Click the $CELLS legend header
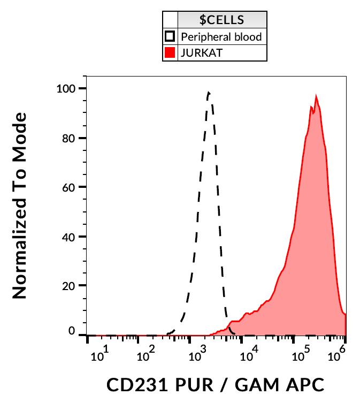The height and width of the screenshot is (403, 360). (x=221, y=20)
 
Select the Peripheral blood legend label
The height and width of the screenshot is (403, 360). (x=221, y=37)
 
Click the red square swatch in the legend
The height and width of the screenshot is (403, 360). (x=170, y=53)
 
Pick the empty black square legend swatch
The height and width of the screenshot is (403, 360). (x=170, y=37)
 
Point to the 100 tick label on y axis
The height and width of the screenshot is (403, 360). (x=67, y=88)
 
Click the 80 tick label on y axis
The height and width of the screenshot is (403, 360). (x=70, y=138)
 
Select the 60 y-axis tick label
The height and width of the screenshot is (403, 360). (x=70, y=187)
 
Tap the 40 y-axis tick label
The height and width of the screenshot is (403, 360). (x=70, y=237)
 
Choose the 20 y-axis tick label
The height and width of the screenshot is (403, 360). (x=70, y=286)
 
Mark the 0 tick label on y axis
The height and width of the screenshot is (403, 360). (x=72, y=331)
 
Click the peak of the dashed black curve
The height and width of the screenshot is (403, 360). (x=209, y=93)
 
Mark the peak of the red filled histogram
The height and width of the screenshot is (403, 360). (x=316, y=97)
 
